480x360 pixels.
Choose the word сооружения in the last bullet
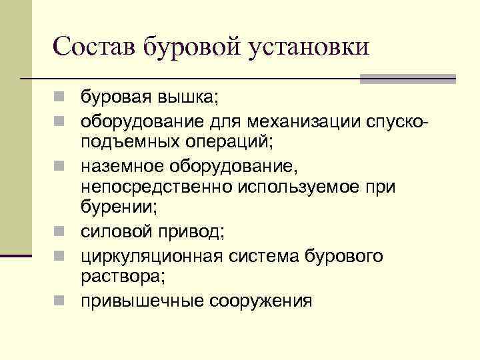click(x=261, y=301)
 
